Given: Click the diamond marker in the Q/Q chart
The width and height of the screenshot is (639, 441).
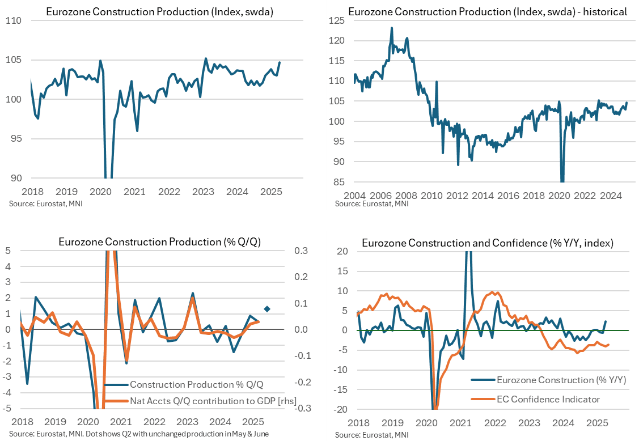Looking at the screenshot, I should point(267,309).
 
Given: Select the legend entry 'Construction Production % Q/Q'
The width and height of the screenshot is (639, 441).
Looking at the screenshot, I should point(196,385).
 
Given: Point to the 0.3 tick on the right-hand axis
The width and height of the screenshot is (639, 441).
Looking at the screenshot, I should point(300,251).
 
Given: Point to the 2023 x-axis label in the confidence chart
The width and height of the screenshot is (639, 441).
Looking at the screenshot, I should point(529,423).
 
